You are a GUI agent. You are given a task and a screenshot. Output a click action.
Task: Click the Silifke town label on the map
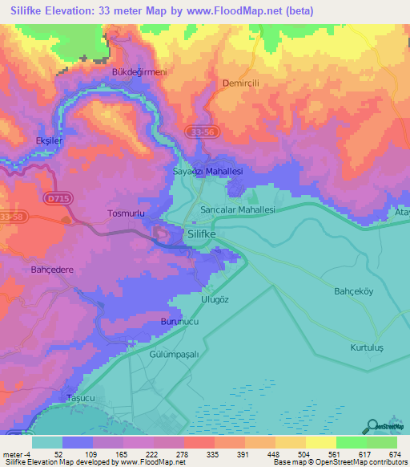click(x=207, y=233)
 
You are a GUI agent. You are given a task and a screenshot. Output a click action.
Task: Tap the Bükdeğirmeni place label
click(x=138, y=72)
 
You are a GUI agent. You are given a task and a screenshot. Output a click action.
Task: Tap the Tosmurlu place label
click(x=126, y=213)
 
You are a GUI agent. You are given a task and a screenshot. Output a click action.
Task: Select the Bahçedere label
click(x=52, y=270)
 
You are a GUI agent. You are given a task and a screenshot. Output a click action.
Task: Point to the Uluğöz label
click(x=215, y=299)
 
